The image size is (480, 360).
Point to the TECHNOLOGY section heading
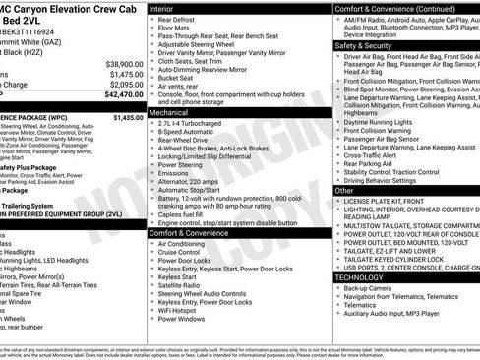coord(363,276)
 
